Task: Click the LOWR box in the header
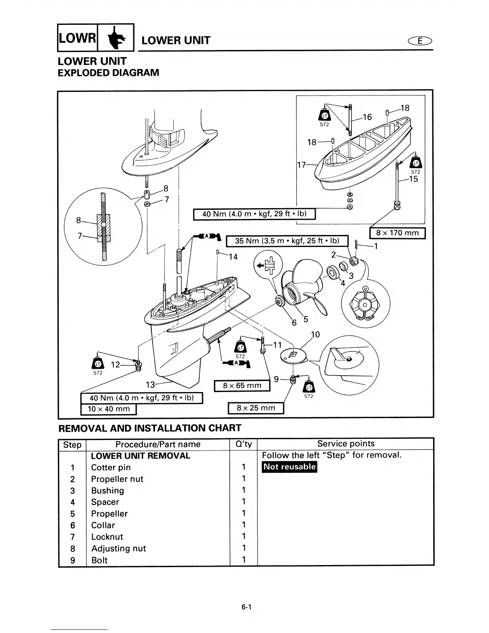point(78,38)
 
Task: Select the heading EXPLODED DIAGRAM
point(108,73)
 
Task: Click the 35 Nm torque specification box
point(287,241)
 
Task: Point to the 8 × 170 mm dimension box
point(398,233)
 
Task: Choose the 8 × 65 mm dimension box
point(242,386)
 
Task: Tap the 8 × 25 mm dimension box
point(256,408)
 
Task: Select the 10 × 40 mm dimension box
point(109,409)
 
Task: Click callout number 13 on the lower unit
point(150,385)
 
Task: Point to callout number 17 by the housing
point(301,165)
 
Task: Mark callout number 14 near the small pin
point(233,257)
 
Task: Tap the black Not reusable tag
point(289,467)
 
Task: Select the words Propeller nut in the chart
point(117,479)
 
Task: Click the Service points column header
point(346,444)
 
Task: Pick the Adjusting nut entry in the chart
point(118,548)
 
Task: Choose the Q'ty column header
point(243,444)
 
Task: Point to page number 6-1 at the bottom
point(246,607)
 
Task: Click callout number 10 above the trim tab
point(315,334)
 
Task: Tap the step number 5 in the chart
point(72,514)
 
